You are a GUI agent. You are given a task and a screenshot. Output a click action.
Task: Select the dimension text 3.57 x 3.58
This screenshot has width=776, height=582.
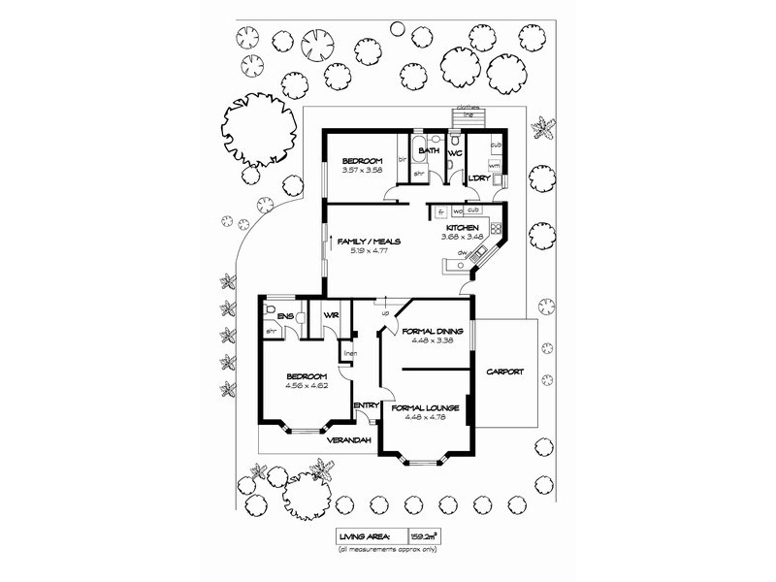364,170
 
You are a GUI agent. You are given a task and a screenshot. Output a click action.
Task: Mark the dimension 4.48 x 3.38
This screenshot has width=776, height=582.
424,340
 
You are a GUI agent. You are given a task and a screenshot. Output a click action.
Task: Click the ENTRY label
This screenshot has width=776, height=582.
366,406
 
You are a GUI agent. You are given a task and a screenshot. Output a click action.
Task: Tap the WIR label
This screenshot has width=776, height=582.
330,316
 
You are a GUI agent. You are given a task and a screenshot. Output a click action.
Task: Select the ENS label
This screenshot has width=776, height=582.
285,316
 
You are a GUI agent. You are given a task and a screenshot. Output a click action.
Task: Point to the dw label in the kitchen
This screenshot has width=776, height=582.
465,253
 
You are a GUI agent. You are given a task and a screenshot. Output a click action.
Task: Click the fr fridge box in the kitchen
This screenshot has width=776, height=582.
440,210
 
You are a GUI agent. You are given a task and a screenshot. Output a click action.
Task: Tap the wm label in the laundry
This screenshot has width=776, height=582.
494,166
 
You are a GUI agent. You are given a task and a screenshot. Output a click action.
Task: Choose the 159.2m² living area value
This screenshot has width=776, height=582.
423,535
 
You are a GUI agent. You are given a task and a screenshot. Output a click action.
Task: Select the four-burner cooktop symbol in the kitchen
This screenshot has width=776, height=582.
495,229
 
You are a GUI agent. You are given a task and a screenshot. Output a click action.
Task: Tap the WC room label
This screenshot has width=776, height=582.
454,151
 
